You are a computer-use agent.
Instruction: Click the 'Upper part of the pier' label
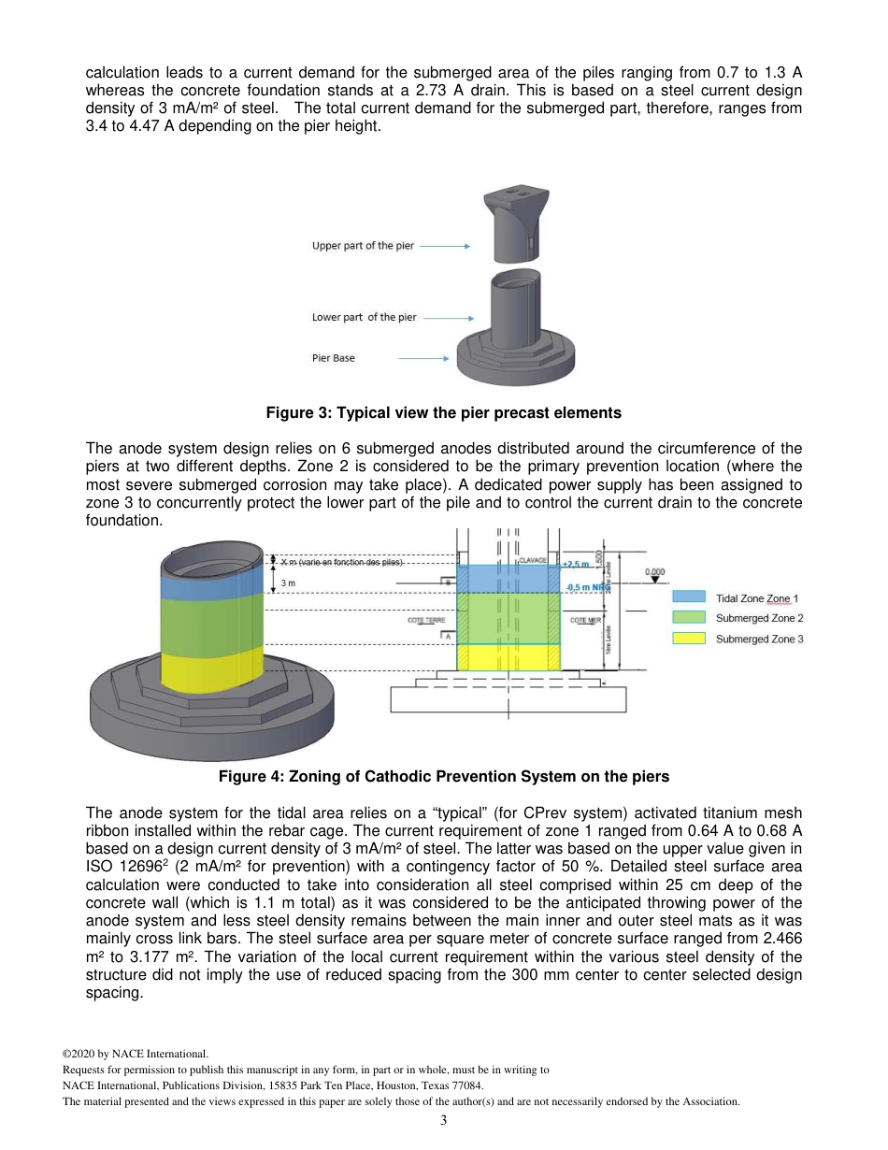click(x=363, y=246)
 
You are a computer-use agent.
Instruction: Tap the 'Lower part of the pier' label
click(x=364, y=317)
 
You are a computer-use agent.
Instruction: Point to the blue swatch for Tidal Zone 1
click(x=689, y=597)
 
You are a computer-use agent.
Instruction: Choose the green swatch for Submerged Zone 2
click(x=689, y=617)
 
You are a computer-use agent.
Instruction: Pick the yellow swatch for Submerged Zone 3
click(x=689, y=638)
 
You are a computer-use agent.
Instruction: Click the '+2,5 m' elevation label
click(x=576, y=564)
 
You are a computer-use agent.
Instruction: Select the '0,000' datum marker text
click(x=658, y=571)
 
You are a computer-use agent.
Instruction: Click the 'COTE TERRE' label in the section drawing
click(x=426, y=620)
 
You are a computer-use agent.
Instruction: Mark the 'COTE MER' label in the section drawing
click(x=584, y=620)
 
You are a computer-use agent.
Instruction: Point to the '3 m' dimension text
click(x=288, y=583)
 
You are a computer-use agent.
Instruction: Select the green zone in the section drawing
click(x=508, y=617)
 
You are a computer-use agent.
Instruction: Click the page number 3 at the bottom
click(x=443, y=1122)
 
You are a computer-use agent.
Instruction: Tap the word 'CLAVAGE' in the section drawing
click(x=532, y=559)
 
